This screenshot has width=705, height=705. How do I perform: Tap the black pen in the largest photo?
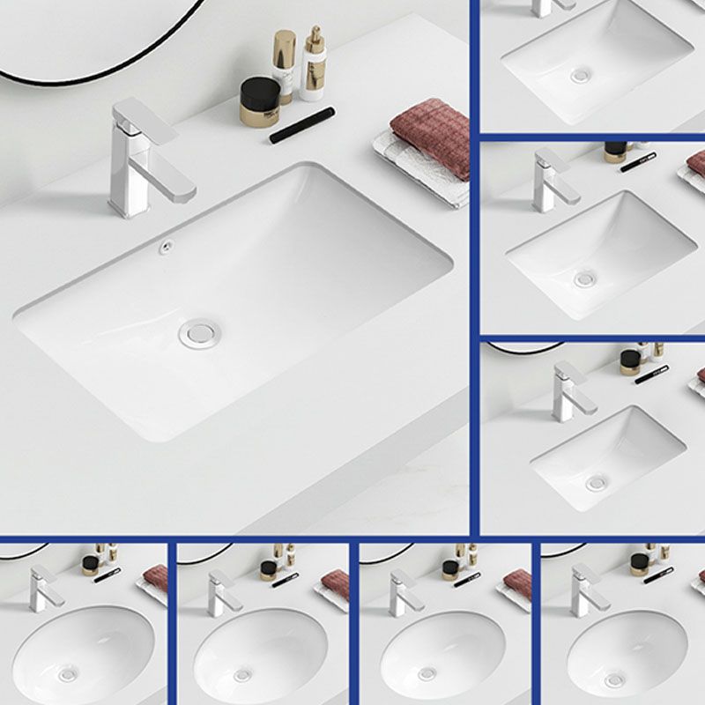[x=301, y=124]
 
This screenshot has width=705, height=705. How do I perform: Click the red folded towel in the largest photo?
[x=431, y=137]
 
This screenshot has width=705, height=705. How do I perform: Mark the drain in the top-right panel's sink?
[x=580, y=76]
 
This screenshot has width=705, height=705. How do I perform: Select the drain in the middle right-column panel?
[x=584, y=278]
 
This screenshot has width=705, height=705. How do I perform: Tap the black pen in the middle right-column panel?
[x=637, y=162]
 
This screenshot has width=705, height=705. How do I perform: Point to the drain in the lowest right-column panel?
[x=597, y=482]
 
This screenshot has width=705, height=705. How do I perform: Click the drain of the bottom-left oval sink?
[x=67, y=674]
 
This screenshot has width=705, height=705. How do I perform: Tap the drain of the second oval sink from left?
[x=242, y=675]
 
